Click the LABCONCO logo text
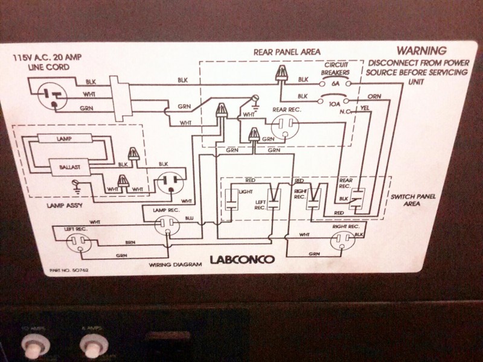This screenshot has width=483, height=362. (x=242, y=261)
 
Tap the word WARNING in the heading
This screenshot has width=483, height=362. (x=421, y=51)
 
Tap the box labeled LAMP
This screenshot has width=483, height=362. (x=64, y=139)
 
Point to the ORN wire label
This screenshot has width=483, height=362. (x=374, y=97)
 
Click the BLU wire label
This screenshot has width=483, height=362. (x=189, y=218)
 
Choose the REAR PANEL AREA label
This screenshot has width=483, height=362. (x=287, y=51)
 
